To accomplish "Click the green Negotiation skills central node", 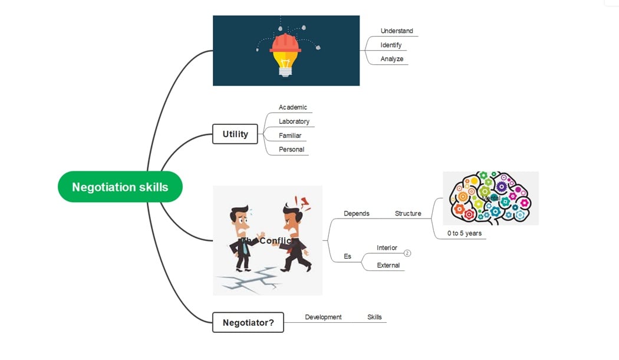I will click(x=120, y=187).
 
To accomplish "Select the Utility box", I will click(x=235, y=134).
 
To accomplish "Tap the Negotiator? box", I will click(x=248, y=322).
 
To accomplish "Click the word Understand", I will click(x=397, y=31).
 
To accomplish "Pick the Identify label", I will click(x=391, y=45).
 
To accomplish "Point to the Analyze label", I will click(x=392, y=59).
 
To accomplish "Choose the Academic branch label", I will click(x=293, y=107).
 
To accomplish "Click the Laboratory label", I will click(x=294, y=121).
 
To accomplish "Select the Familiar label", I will click(x=290, y=136).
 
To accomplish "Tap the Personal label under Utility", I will click(x=292, y=150).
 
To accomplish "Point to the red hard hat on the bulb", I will click(x=286, y=43).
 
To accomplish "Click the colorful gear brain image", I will click(x=490, y=198).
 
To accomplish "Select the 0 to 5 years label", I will click(x=465, y=233).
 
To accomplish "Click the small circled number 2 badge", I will click(x=407, y=253).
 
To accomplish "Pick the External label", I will click(x=388, y=265).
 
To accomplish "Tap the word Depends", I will click(x=357, y=213).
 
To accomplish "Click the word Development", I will click(x=323, y=317).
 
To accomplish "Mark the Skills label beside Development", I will click(x=374, y=317).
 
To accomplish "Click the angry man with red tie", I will click(x=295, y=236).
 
